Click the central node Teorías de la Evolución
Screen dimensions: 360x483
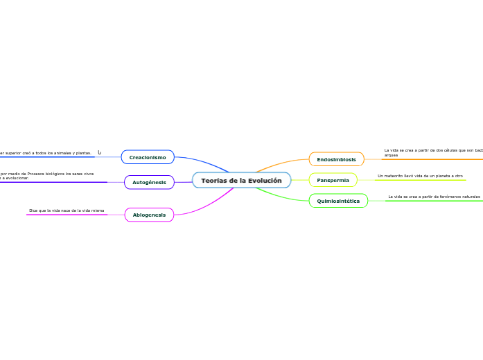[241, 181]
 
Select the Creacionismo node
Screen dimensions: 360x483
[148, 157]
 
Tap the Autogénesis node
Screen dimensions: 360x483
[149, 182]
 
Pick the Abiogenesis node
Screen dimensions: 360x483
[149, 215]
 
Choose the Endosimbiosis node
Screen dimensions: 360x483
[336, 159]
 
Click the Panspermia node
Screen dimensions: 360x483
[333, 180]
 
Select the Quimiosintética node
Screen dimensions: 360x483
[338, 201]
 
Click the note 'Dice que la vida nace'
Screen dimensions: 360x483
[67, 210]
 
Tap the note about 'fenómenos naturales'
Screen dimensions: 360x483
[434, 197]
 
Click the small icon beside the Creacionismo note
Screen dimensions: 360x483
[99, 152]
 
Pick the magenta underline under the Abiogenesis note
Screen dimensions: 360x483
[67, 215]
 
